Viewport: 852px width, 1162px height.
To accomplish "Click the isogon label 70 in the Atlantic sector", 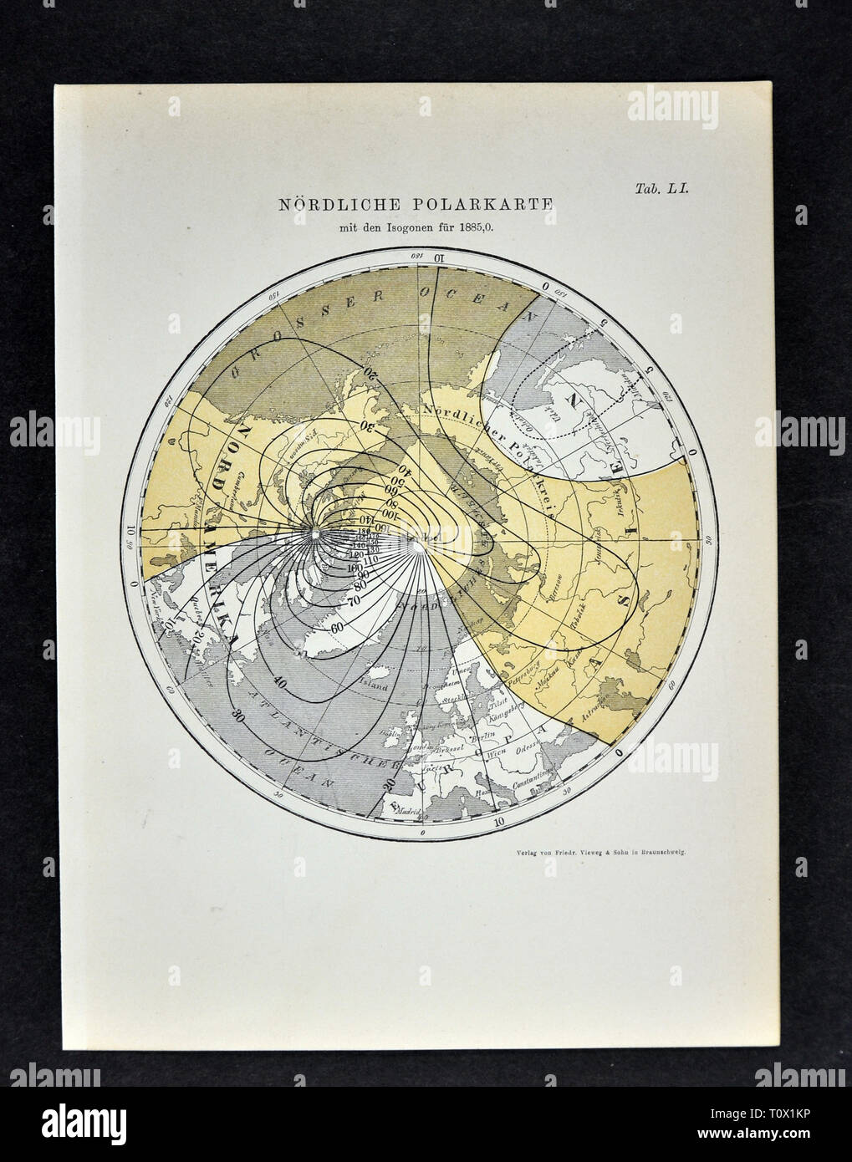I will pos(355,599).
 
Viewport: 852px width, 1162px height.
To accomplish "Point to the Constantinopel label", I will pos(528,783).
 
